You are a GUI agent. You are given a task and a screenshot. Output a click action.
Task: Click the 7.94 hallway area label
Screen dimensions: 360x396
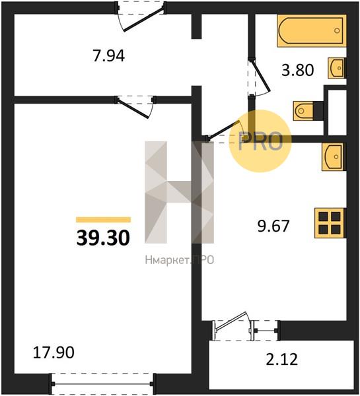point(109,56)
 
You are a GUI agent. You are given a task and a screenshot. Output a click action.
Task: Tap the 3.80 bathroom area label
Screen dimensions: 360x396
point(298,70)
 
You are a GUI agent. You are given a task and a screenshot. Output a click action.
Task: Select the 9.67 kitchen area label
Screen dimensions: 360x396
point(273,226)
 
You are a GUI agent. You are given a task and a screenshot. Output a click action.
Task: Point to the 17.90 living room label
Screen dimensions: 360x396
point(54,352)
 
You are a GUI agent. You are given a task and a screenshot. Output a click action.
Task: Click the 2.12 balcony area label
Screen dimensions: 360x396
point(282,360)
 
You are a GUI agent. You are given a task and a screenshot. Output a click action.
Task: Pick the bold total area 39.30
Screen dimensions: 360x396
point(103,238)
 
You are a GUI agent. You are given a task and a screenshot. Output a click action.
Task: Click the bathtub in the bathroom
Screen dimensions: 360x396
point(312,31)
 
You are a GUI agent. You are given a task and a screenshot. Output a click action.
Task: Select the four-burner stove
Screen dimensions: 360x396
point(330,223)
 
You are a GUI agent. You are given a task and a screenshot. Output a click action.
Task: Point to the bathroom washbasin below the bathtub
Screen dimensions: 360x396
point(337,68)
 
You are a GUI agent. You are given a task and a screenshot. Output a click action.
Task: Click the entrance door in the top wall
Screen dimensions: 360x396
point(141,16)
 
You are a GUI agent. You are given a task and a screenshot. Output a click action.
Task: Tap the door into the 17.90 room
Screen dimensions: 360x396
point(135,106)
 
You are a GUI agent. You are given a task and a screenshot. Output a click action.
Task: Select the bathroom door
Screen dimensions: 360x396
point(259,77)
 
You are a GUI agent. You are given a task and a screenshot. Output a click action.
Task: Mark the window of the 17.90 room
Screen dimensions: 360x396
point(102,383)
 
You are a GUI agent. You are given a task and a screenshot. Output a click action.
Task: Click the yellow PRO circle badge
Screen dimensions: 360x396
point(260,141)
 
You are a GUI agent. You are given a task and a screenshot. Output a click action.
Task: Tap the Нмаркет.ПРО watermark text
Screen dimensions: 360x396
point(180,260)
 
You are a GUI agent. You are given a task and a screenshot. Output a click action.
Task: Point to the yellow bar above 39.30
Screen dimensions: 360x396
point(104,220)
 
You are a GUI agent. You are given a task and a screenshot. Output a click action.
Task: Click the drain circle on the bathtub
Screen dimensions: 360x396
point(337,30)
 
